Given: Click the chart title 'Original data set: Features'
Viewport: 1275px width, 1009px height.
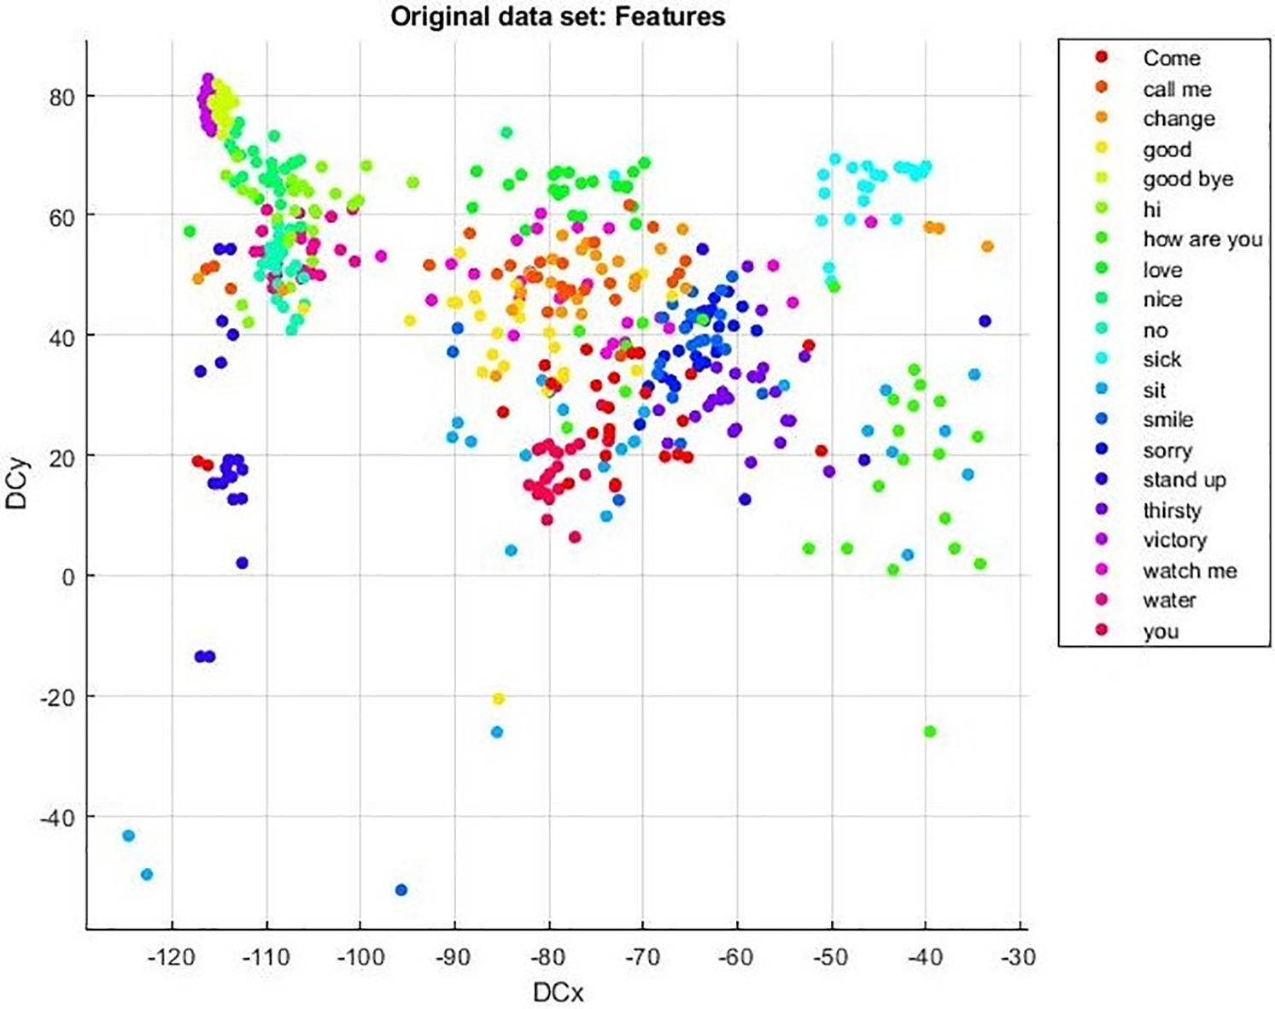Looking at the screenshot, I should coord(558,16).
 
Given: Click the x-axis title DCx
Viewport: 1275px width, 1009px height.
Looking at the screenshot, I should coord(558,992).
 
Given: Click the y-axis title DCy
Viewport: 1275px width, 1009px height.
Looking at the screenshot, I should coord(17,484).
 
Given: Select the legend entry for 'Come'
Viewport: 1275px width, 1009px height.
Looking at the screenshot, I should coord(1171,58).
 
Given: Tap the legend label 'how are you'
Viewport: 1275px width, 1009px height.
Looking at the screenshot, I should coord(1202,239).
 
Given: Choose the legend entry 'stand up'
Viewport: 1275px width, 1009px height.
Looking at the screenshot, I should coord(1184,480).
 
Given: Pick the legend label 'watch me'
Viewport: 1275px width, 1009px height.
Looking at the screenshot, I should coord(1190,571).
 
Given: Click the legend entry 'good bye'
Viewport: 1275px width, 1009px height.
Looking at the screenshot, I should coord(1188,179).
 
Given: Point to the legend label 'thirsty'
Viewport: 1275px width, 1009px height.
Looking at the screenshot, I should coord(1172,511).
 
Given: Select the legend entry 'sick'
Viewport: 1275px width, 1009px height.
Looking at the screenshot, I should coord(1161,360).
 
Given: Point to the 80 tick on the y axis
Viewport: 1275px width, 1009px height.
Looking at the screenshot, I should coord(61,97).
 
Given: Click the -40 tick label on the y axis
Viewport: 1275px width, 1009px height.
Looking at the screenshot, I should coord(56,818).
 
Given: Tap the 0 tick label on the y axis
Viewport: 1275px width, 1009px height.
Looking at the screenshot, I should coord(67,578).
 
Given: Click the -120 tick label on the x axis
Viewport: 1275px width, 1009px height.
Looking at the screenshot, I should coord(172,957).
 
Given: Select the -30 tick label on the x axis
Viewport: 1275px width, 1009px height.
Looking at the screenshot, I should coord(1019,957).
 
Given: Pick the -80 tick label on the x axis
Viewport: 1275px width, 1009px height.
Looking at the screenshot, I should coord(548,957).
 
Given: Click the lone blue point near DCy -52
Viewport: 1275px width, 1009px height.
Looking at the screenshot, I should coord(401,890).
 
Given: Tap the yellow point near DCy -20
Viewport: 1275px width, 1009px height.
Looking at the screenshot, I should coord(499,699).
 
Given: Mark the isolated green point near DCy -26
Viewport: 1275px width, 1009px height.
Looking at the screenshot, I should coord(930,731).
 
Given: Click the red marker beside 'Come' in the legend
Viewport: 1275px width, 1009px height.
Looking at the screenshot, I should coord(1102,57).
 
